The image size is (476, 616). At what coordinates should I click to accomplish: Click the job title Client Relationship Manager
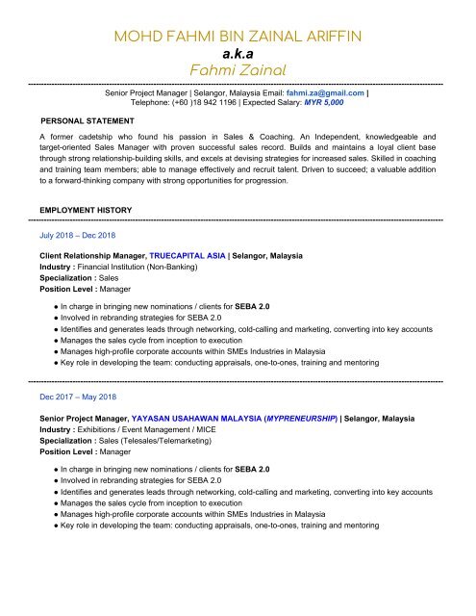click(x=91, y=257)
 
